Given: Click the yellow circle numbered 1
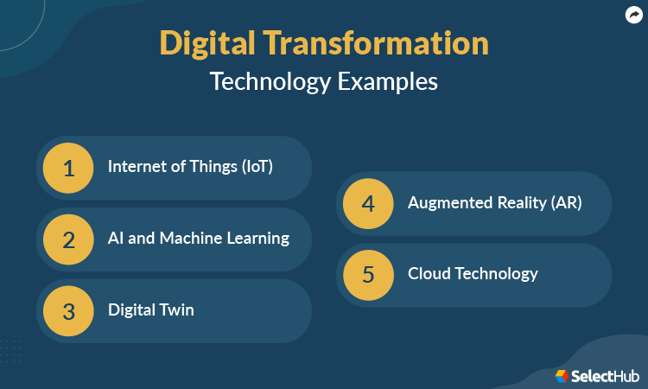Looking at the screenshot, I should tap(69, 168).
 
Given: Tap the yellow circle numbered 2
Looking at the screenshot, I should tap(69, 239).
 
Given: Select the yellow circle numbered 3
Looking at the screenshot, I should tap(69, 311).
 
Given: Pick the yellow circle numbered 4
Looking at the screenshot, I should tap(369, 204).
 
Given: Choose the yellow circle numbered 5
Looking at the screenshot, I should tap(369, 275).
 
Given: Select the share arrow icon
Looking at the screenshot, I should tap(633, 14).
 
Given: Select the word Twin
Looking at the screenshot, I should tap(176, 310).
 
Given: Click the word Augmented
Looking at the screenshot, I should tap(447, 204).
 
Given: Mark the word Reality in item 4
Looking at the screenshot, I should tap(516, 204).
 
